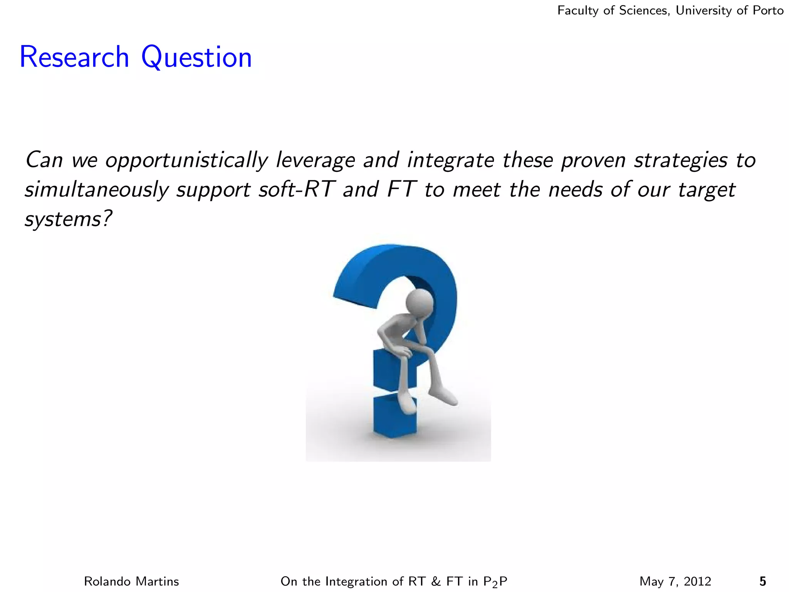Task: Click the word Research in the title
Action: pos(74,57)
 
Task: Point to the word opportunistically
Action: pos(186,160)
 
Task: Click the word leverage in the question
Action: pos(315,160)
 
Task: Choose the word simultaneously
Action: pos(97,190)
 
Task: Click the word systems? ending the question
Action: pos(68,219)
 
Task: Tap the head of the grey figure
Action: pos(420,302)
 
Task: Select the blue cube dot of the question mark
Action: pos(394,415)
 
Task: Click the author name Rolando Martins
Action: pos(131,581)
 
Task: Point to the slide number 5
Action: pos(762,581)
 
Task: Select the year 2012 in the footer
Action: pos(697,581)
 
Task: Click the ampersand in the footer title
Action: pos(436,581)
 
